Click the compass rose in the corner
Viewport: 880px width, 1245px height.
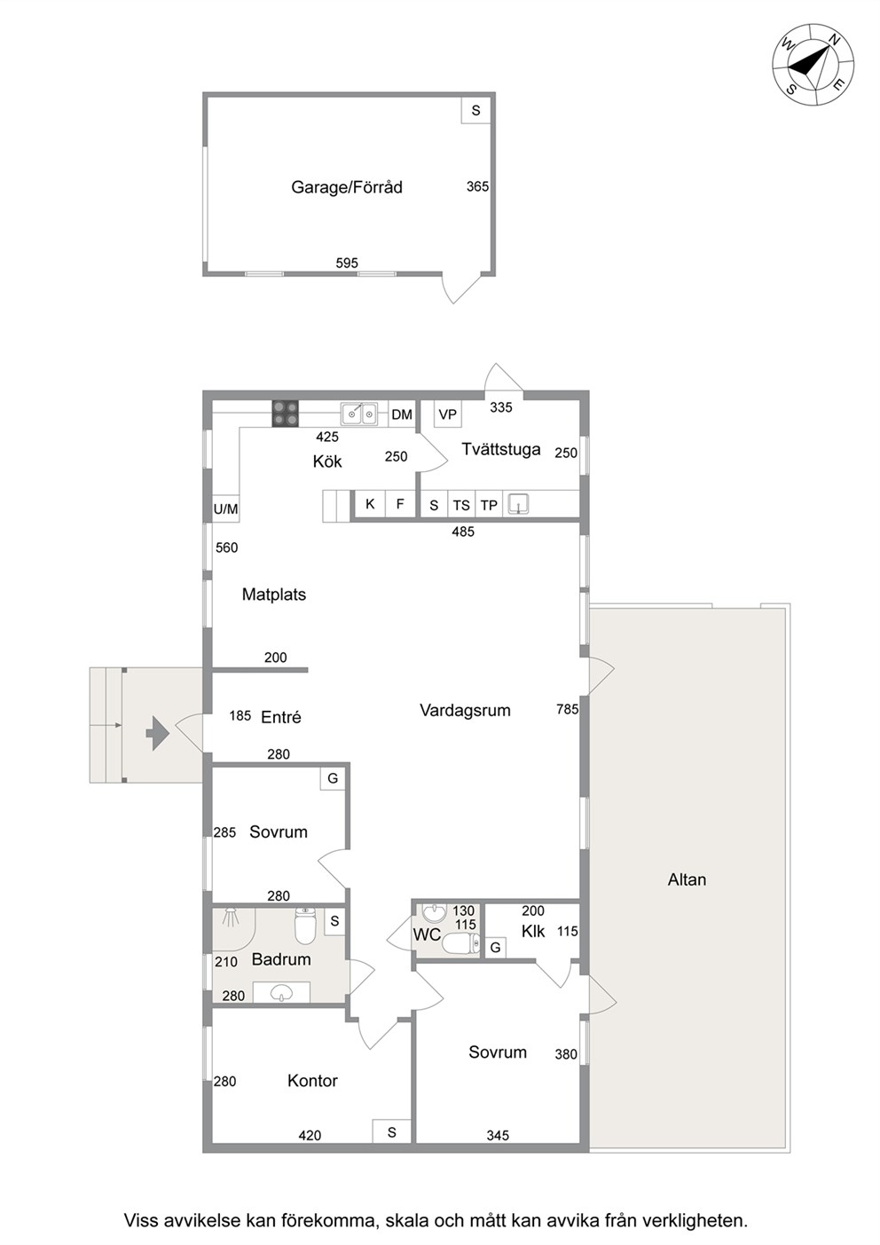(x=813, y=64)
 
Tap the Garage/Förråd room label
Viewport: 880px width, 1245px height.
(x=347, y=187)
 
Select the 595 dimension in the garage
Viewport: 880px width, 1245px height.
(x=347, y=263)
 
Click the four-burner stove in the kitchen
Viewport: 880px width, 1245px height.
(x=285, y=414)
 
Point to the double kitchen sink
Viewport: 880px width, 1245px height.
(x=359, y=414)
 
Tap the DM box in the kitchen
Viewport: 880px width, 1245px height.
(x=402, y=414)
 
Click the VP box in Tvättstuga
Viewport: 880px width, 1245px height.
(x=448, y=414)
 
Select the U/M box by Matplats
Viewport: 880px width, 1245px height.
(x=225, y=508)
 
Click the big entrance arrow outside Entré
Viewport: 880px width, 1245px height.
(x=158, y=734)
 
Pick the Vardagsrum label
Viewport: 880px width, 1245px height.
(x=465, y=710)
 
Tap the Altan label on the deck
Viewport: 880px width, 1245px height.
(x=687, y=879)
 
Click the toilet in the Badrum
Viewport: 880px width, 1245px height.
(x=304, y=926)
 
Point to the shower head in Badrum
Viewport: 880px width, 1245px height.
(x=231, y=916)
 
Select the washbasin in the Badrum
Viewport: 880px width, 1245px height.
(x=281, y=992)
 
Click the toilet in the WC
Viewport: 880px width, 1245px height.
(x=461, y=942)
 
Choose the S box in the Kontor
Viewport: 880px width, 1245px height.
(x=392, y=1132)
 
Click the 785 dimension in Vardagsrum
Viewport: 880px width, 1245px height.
(x=567, y=709)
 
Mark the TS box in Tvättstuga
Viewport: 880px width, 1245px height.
(x=461, y=505)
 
